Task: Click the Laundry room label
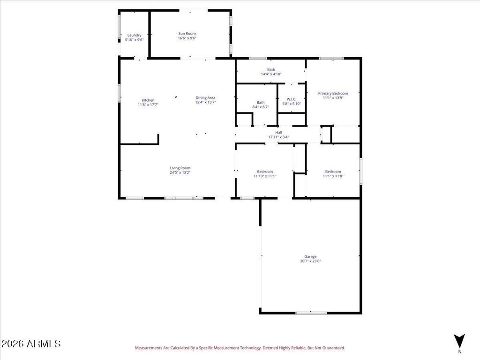(135, 35)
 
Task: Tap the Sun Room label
(187, 33)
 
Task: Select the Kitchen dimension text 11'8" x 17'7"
(148, 105)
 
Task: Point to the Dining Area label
(205, 97)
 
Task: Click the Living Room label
(180, 168)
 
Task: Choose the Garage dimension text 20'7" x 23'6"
(310, 261)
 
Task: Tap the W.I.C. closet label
(292, 99)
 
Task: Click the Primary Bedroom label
(333, 93)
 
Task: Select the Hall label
(278, 133)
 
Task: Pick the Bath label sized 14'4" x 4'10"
(271, 69)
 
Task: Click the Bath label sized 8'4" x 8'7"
(261, 103)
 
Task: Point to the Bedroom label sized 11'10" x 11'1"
(265, 172)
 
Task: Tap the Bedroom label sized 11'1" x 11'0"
(333, 172)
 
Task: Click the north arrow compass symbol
(459, 341)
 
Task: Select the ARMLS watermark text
(30, 344)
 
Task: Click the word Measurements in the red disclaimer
(149, 348)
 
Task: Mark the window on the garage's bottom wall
(311, 313)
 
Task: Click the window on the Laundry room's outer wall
(120, 27)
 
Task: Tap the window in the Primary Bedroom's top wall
(331, 58)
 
